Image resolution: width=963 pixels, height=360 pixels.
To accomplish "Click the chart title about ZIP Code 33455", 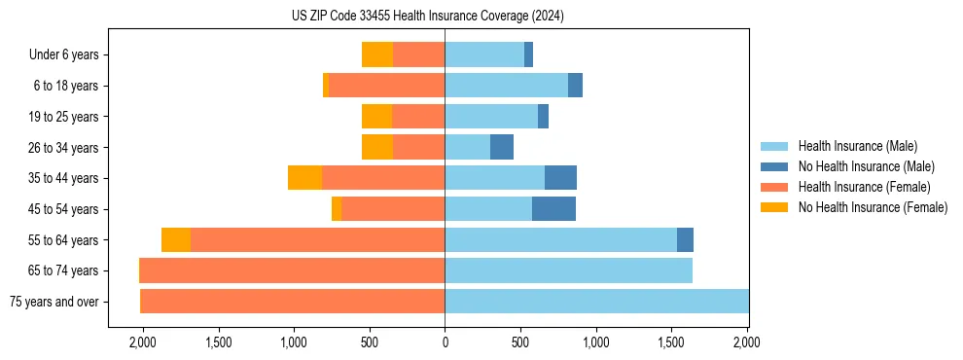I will [427, 17].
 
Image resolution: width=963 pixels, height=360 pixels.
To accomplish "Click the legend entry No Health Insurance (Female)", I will [873, 207].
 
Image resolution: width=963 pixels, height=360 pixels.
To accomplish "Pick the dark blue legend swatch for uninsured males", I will [775, 166].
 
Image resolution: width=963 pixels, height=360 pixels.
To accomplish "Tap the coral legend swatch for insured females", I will [775, 187].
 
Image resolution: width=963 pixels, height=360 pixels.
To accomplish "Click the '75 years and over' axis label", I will [53, 302].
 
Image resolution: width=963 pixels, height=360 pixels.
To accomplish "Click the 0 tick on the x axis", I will [445, 343].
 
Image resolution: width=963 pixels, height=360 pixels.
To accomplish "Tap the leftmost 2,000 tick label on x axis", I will [142, 343].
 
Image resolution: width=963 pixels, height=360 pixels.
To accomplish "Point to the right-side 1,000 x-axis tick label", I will [596, 343].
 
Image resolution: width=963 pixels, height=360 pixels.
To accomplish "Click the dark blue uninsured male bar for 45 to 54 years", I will [553, 209].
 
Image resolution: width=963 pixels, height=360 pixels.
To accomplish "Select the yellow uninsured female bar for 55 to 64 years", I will [176, 240].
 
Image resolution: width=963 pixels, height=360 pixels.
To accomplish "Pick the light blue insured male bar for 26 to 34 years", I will [467, 148].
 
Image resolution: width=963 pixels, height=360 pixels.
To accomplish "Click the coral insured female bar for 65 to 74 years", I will [292, 270].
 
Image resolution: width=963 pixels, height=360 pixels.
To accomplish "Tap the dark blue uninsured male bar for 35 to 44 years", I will [560, 178].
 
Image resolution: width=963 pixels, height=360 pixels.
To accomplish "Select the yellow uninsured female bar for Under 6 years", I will [377, 55].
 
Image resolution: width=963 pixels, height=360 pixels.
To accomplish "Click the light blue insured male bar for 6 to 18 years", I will [506, 86].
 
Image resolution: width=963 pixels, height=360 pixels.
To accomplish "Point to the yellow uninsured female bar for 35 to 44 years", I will [304, 178].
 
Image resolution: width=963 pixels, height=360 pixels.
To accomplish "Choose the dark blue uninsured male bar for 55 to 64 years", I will [685, 240].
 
